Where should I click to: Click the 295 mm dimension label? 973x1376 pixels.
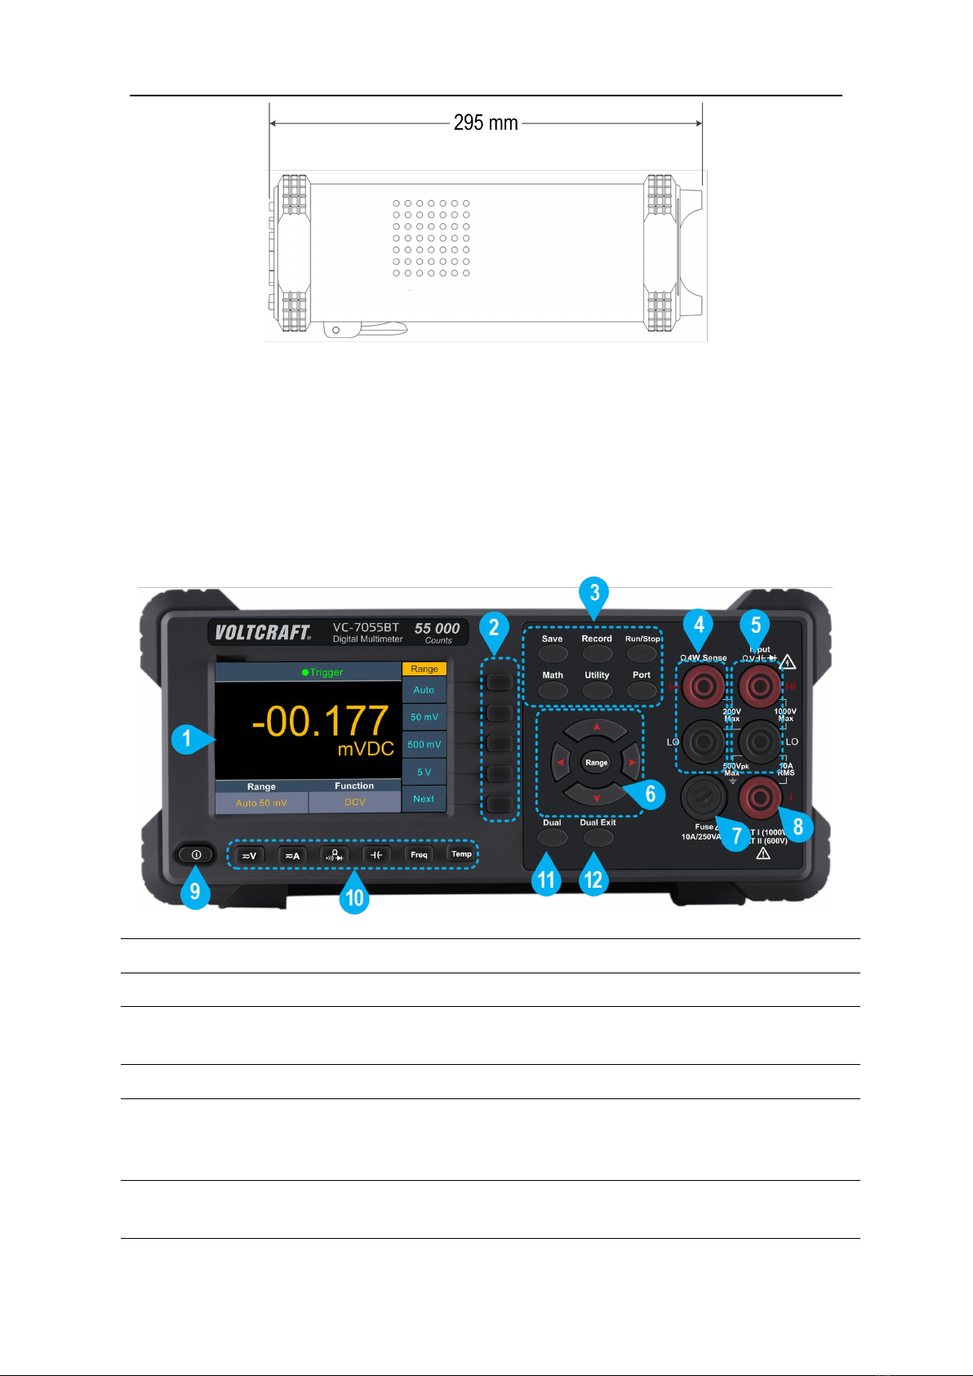tap(486, 123)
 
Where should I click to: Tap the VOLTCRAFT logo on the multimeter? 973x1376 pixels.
tap(262, 632)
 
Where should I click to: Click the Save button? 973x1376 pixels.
tap(553, 653)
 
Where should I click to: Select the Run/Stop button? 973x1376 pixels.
tap(642, 653)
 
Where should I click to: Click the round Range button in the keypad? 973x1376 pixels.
tap(597, 763)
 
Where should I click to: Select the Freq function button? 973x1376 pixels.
tap(419, 855)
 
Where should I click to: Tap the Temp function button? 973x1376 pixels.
tap(461, 854)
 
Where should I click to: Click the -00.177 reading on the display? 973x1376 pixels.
tap(320, 721)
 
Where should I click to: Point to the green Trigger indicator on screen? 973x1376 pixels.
tap(322, 672)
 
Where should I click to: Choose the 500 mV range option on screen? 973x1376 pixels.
tap(424, 744)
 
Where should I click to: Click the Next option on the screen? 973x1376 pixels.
tap(424, 799)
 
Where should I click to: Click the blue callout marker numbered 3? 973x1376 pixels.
tap(594, 593)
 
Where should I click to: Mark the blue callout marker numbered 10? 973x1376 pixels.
tap(354, 897)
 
